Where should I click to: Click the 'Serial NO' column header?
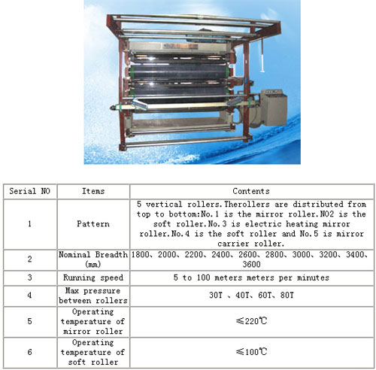[x=29, y=191]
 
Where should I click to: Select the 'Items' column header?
[x=93, y=191]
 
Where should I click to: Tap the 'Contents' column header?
[x=251, y=191]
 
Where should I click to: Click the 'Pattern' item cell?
[x=93, y=224]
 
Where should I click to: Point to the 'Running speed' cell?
[x=93, y=277]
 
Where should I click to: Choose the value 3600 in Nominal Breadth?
[x=251, y=265]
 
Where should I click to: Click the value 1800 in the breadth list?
[x=140, y=255]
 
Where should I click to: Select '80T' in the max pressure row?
[x=287, y=295]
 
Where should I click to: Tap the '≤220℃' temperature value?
[x=251, y=321]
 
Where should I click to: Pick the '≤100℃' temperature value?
[x=251, y=352]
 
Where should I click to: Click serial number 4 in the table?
[x=29, y=295]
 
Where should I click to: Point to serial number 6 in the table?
[x=29, y=352]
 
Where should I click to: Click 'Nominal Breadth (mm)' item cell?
[x=93, y=259]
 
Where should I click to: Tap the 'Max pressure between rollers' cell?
[x=93, y=296]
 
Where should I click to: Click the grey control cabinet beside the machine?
[x=274, y=108]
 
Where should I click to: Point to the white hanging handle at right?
[x=262, y=57]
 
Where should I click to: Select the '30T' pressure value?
[x=216, y=295]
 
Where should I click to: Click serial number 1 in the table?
[x=29, y=224]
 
